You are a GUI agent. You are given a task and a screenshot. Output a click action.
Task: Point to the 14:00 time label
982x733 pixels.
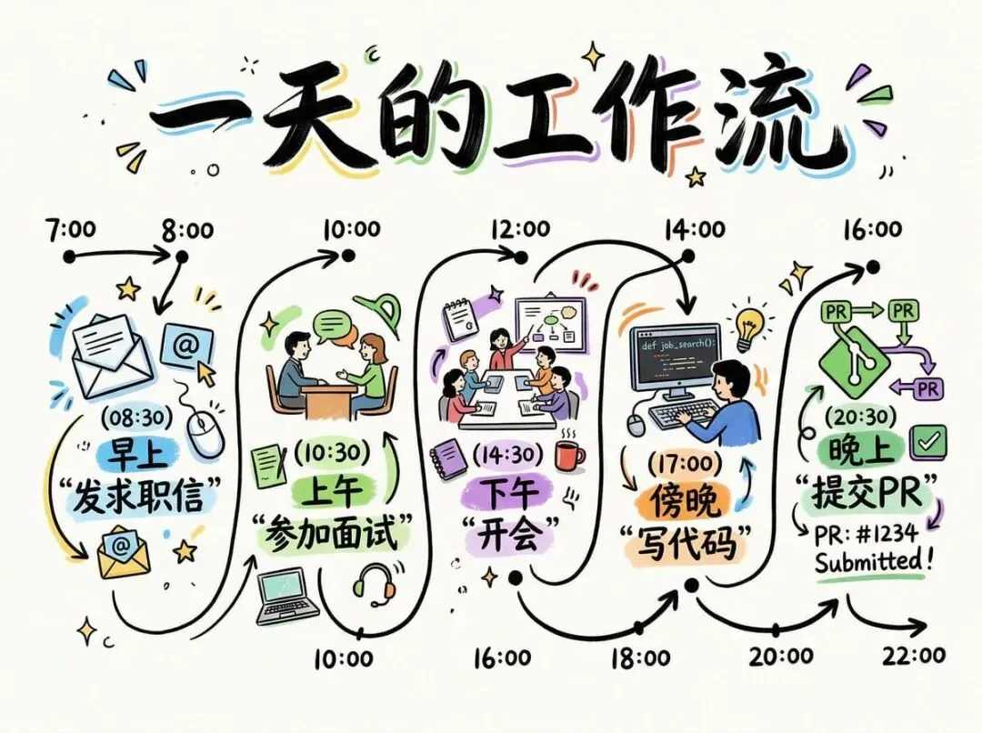(x=694, y=228)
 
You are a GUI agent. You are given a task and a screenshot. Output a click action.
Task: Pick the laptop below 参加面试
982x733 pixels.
(x=286, y=597)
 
